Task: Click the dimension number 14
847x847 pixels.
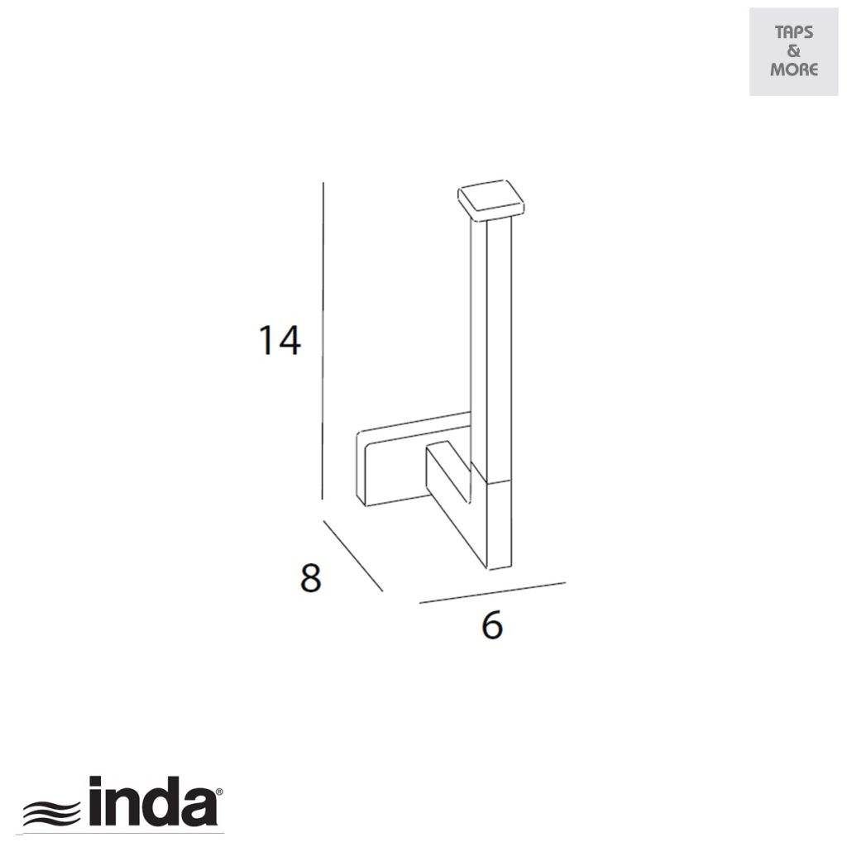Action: click(x=279, y=340)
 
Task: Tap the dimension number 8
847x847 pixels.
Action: click(x=310, y=578)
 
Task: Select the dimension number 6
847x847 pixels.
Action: click(x=491, y=626)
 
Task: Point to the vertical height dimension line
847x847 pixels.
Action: click(x=323, y=339)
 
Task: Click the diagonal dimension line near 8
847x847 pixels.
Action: click(x=353, y=556)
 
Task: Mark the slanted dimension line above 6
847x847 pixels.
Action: click(x=492, y=592)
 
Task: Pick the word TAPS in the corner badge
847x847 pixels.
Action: click(x=793, y=33)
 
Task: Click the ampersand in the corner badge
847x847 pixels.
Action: click(x=793, y=51)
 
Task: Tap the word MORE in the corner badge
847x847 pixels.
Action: click(x=793, y=69)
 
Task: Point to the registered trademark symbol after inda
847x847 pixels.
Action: click(x=218, y=792)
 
